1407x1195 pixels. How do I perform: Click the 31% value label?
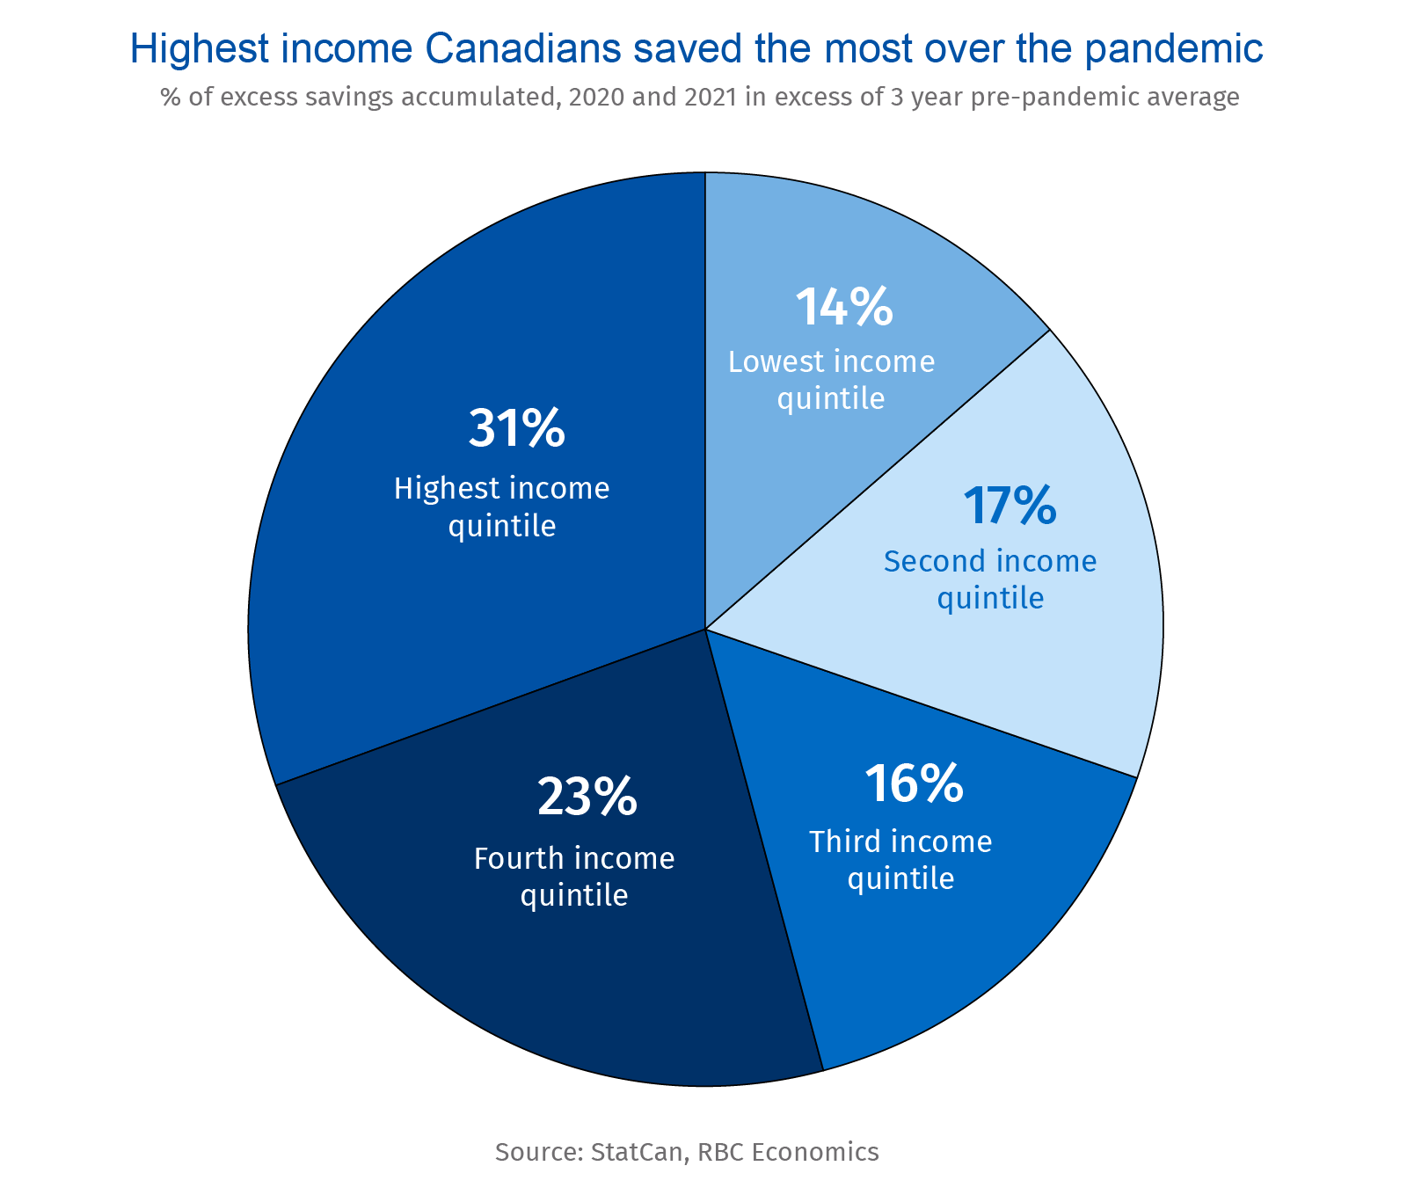[516, 429]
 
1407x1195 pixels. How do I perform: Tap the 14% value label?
[843, 308]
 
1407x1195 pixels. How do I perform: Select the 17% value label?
[1009, 506]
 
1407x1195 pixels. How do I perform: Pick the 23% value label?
[587, 798]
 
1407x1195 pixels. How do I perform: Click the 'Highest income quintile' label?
[501, 506]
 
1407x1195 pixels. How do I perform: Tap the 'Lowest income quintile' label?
[831, 380]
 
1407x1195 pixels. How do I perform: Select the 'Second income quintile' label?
[990, 579]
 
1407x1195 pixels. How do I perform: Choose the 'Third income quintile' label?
[900, 859]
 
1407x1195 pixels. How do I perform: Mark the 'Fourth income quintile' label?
[574, 876]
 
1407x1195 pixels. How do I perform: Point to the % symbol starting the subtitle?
[171, 97]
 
